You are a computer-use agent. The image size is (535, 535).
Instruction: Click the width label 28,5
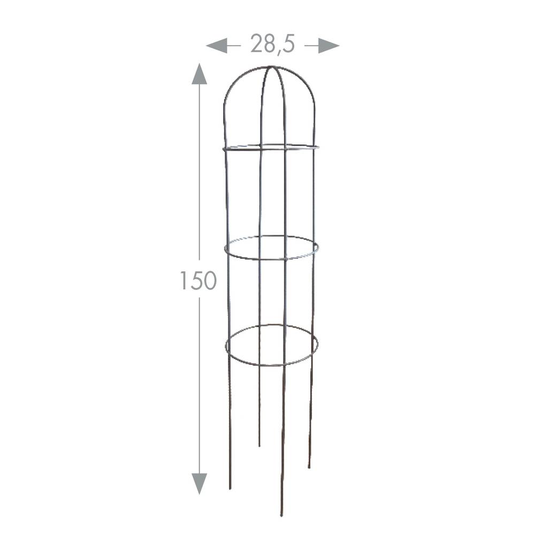pos(272,44)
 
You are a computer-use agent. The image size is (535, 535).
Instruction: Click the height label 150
pos(198,280)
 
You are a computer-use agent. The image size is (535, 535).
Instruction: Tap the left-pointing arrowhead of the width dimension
pos(217,45)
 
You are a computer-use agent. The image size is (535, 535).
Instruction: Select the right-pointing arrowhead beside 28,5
pos(328,45)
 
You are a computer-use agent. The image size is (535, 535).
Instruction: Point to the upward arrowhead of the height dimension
pos(199,73)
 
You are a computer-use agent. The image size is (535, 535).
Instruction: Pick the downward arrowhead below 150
pos(199,484)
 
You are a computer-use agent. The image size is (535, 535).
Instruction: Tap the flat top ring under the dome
pos(271,148)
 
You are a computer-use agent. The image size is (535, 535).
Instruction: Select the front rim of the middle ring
pos(272,258)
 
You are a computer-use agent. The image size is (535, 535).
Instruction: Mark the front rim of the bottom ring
pos(272,365)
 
